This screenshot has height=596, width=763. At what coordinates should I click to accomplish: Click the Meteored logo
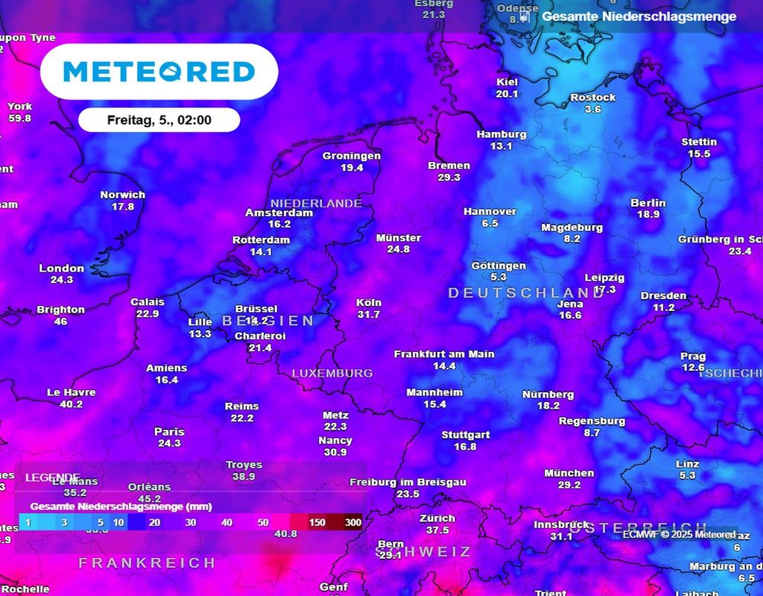click(159, 72)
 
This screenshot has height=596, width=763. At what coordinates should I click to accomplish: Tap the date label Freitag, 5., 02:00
click(159, 120)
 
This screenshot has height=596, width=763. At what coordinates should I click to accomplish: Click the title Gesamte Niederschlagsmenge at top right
click(639, 16)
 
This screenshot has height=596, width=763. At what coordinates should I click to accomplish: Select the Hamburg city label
click(501, 134)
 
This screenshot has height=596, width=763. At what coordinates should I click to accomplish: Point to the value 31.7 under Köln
click(369, 315)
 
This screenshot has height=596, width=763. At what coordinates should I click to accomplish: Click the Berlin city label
click(648, 203)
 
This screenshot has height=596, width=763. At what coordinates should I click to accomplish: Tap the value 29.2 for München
click(569, 485)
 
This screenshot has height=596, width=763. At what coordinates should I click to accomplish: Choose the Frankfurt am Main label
click(444, 354)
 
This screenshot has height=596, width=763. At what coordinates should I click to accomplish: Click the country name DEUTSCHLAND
click(526, 293)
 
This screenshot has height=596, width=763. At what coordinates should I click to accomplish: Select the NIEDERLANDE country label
click(316, 204)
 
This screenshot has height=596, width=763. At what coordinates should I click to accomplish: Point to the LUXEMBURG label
click(332, 373)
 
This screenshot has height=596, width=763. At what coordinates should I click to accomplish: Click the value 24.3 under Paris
click(169, 443)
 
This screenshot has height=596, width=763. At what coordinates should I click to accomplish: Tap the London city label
click(62, 269)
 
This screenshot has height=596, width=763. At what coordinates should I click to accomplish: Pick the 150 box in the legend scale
click(317, 523)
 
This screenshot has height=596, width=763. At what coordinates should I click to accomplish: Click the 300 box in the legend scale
click(353, 523)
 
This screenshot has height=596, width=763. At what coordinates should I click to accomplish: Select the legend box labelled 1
click(28, 523)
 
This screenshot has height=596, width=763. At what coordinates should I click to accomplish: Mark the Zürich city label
click(437, 518)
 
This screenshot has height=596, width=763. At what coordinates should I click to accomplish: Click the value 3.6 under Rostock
click(593, 110)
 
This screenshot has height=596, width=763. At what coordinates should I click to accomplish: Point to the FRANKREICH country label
click(148, 562)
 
